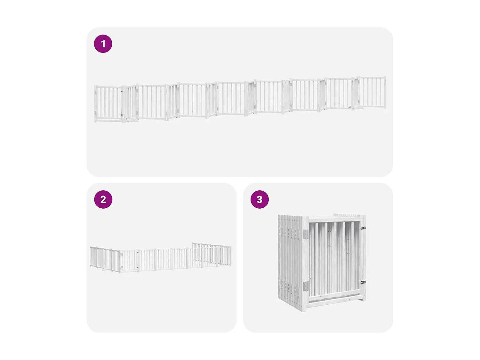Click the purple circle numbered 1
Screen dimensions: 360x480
pos(103,44)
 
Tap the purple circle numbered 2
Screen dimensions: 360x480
pos(103,199)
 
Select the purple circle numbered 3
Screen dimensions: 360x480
pos(260,199)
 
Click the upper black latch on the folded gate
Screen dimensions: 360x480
pos(363,228)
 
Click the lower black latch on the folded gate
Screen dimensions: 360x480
pos(363,283)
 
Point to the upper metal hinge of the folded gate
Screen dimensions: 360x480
pos(306,234)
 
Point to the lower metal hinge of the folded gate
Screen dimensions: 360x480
pos(306,286)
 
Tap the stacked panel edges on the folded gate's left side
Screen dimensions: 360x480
pos(290,259)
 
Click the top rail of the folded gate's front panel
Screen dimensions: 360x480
pos(334,219)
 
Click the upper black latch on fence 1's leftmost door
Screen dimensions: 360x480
pos(122,92)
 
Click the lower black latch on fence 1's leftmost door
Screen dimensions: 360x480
pos(122,115)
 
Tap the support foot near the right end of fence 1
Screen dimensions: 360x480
pos(359,108)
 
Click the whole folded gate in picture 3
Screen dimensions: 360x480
pos(322,262)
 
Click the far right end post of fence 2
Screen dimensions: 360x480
pos(230,256)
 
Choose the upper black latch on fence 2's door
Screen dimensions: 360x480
pos(138,253)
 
